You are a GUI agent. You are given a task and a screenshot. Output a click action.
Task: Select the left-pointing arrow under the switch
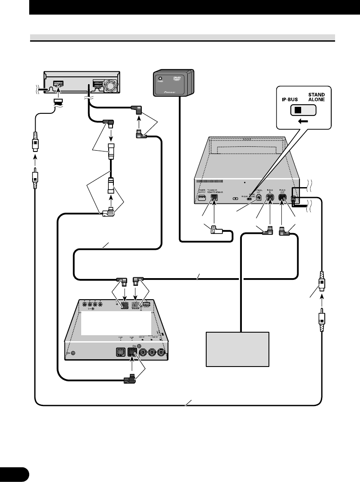(303, 121)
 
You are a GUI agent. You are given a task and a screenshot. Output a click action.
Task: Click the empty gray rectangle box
(238, 349)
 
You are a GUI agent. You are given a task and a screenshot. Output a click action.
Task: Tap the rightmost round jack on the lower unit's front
(162, 353)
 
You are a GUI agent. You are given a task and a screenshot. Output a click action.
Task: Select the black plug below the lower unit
(130, 379)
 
